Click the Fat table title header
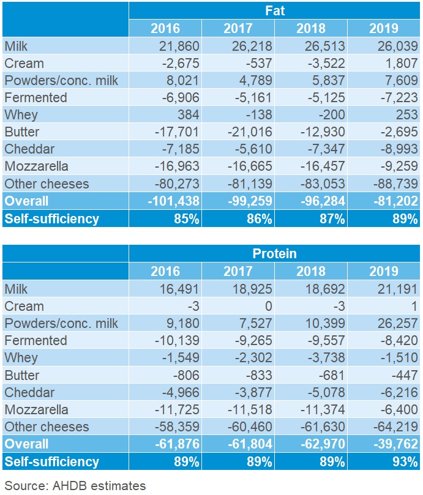(x=275, y=10)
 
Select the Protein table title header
(x=275, y=253)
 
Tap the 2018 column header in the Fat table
(x=310, y=28)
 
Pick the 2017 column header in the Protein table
(x=238, y=271)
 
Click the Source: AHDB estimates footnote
(x=75, y=486)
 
